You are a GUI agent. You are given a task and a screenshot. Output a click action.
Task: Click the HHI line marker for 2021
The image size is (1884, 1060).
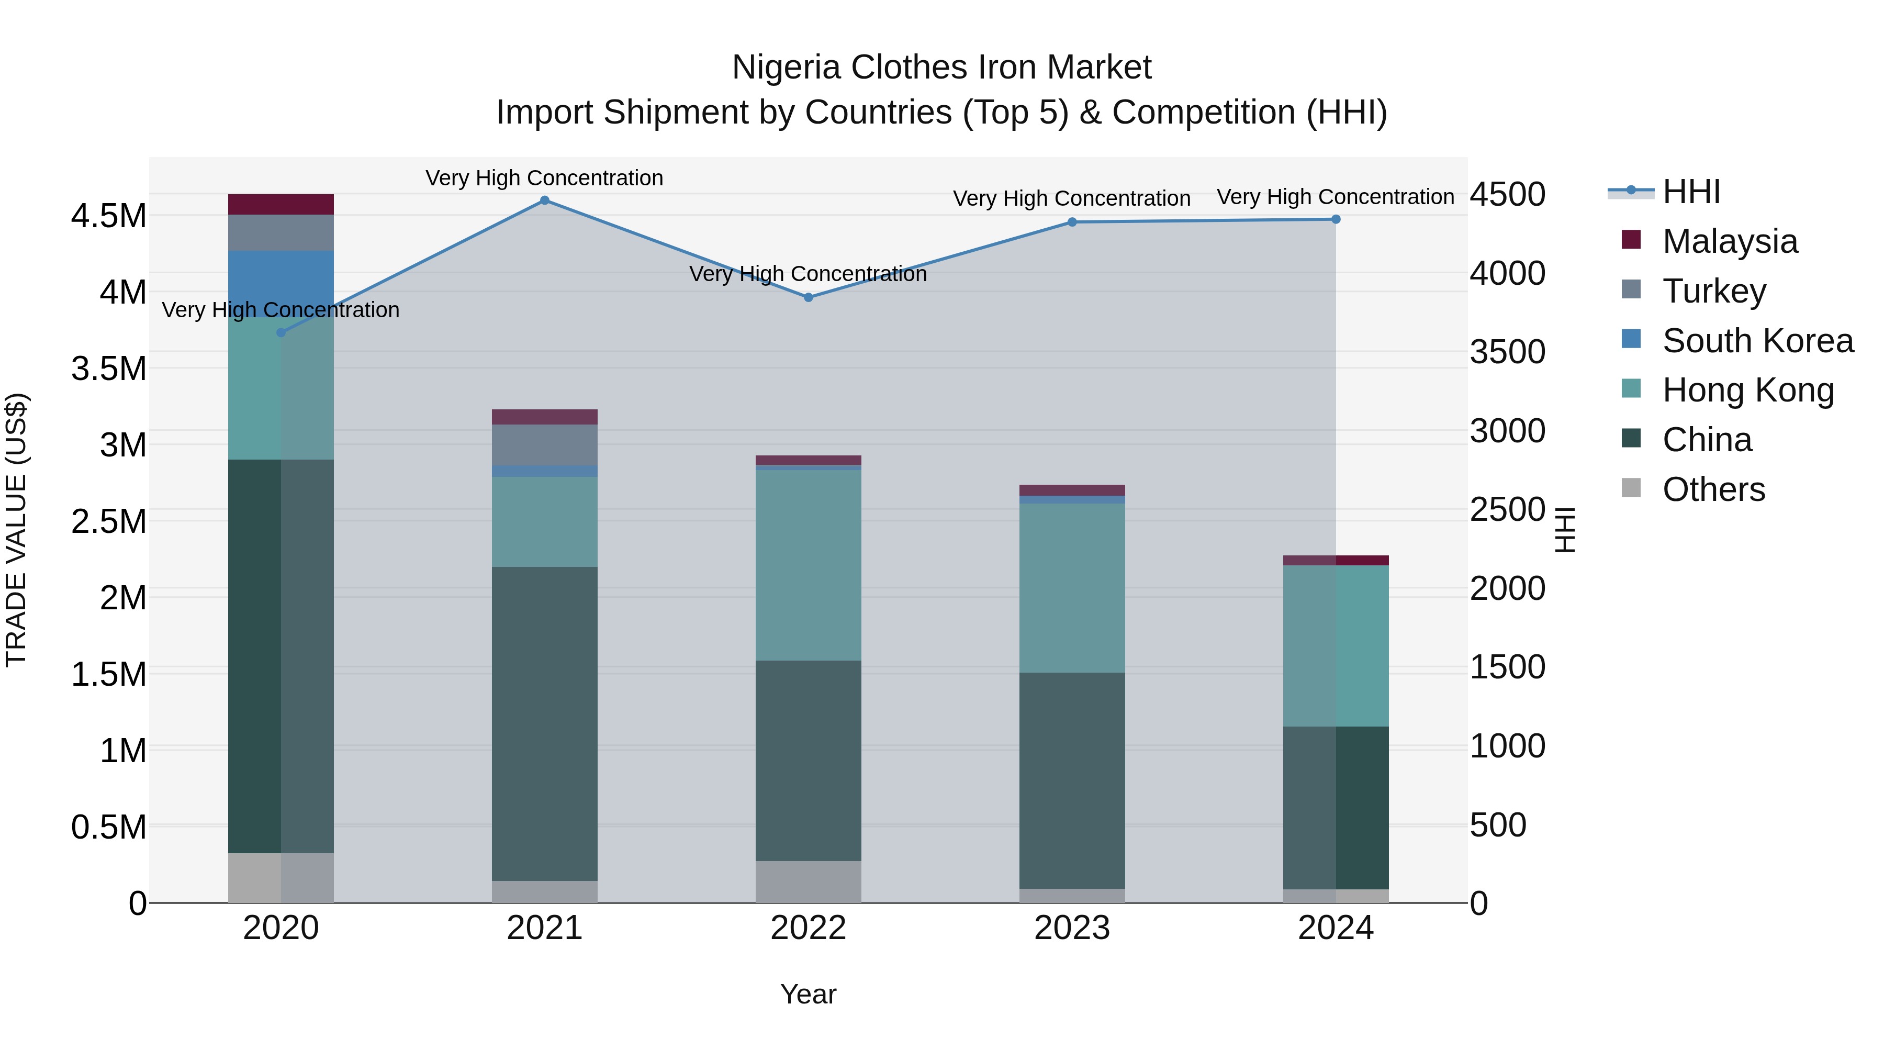(x=544, y=200)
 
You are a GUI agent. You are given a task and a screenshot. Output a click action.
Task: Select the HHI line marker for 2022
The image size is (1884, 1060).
(x=808, y=298)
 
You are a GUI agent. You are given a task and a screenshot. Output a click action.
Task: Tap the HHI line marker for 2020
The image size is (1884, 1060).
(x=281, y=333)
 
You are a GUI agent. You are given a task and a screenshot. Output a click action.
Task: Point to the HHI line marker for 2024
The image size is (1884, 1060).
(x=1336, y=219)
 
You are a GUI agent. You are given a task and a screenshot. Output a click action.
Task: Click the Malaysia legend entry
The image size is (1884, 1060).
(x=1729, y=241)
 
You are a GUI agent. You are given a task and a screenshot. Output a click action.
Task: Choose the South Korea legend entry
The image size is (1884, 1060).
(x=1757, y=341)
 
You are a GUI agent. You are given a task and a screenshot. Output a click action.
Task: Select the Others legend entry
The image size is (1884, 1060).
(x=1713, y=489)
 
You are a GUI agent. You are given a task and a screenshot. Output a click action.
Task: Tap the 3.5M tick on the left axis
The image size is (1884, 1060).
(x=108, y=369)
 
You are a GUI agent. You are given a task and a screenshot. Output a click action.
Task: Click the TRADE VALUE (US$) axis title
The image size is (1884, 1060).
(x=16, y=530)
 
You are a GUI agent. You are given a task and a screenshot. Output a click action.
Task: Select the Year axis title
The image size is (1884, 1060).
(x=808, y=994)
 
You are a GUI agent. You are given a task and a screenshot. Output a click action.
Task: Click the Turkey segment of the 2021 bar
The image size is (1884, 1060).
(x=544, y=445)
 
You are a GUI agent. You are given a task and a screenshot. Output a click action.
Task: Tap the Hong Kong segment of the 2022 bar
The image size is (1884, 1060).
(x=808, y=565)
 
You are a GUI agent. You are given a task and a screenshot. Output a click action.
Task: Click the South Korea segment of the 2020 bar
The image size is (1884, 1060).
(x=281, y=283)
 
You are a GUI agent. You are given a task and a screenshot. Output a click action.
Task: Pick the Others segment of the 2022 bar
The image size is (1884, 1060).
(x=808, y=882)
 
